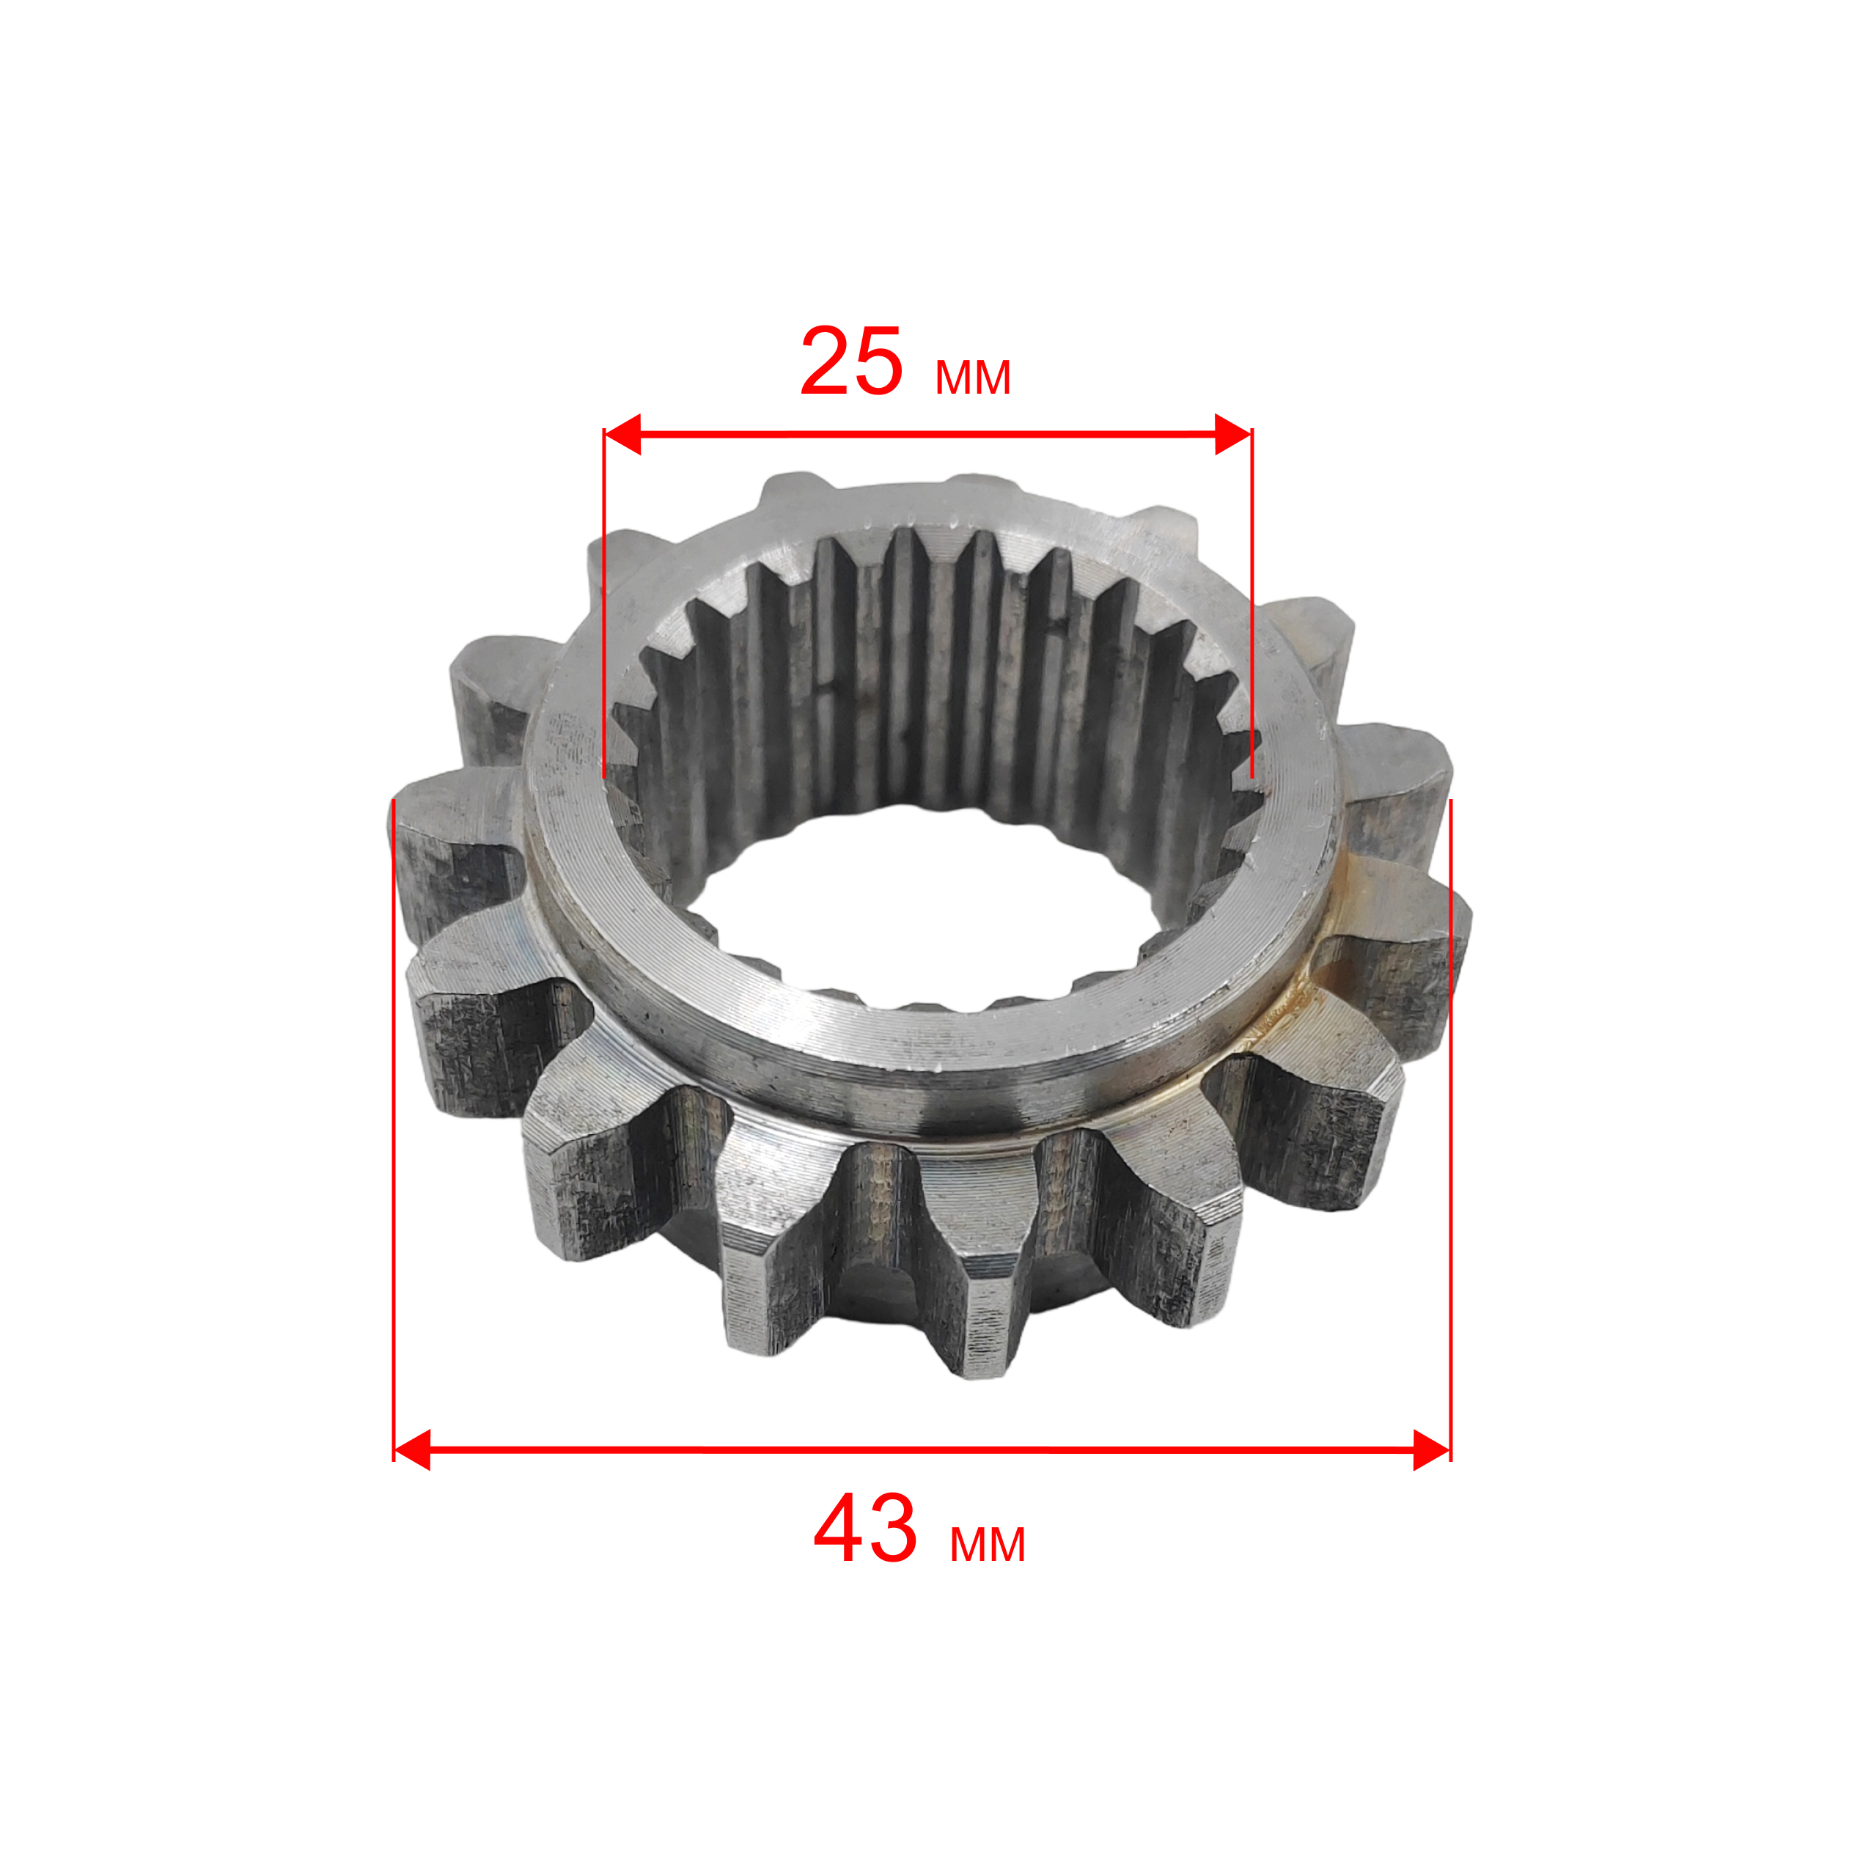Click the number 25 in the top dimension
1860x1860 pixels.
pyautogui.click(x=851, y=362)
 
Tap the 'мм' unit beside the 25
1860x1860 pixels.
pyautogui.click(x=972, y=378)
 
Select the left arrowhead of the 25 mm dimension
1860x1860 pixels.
pyautogui.click(x=622, y=434)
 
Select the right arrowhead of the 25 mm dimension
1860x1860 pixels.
pyautogui.click(x=1233, y=434)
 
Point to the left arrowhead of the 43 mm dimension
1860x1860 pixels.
pyautogui.click(x=412, y=1450)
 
